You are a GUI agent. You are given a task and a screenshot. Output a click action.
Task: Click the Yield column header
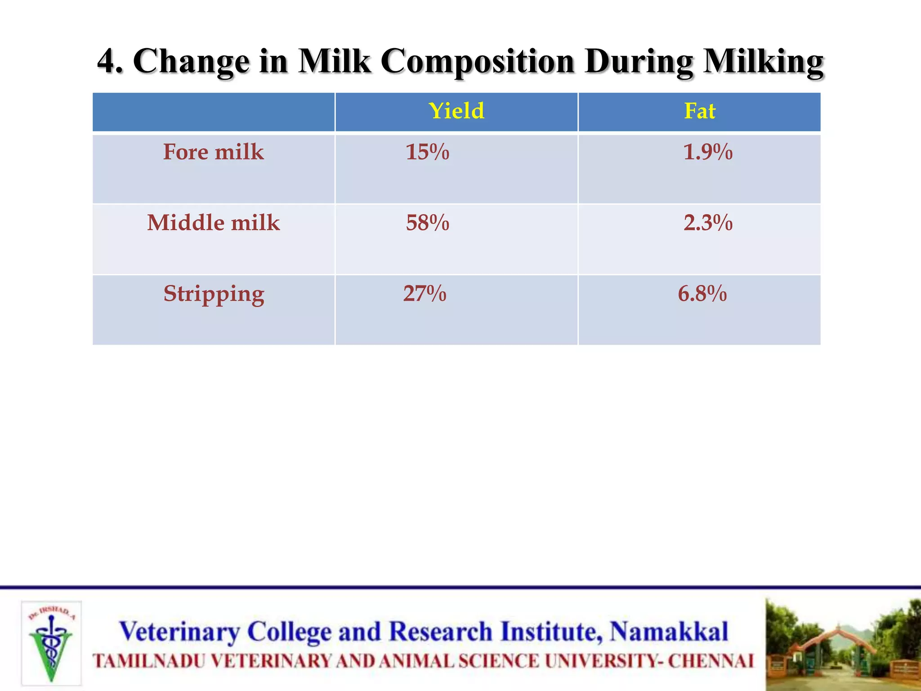[456, 111]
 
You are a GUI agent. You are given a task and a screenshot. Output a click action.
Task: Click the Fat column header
[699, 111]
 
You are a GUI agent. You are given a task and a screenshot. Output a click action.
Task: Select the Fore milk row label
[213, 152]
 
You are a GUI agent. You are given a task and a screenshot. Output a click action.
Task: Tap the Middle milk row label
[213, 223]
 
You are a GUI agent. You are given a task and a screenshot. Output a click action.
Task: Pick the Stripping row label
[214, 294]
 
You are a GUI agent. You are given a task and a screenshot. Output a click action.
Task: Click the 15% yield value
[427, 152]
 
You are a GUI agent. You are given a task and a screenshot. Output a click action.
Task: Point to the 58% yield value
[427, 223]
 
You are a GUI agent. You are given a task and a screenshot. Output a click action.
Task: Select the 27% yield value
[425, 294]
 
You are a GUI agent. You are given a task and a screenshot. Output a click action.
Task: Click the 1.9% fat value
[707, 152]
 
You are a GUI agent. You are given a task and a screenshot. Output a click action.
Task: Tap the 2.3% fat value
[708, 223]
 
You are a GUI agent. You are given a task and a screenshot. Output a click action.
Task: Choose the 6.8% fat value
[702, 294]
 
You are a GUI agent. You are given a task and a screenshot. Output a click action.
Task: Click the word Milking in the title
[763, 62]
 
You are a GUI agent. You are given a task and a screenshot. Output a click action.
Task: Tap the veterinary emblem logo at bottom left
[51, 643]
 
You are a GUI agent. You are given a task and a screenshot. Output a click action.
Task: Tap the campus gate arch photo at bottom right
[843, 644]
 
